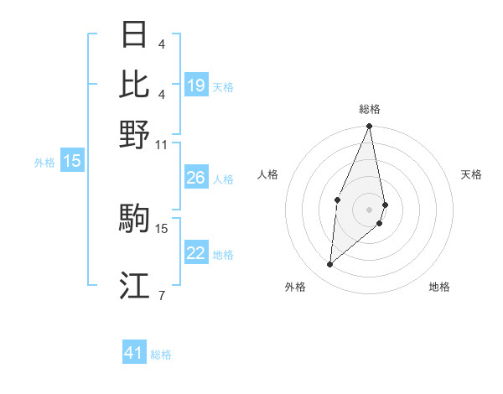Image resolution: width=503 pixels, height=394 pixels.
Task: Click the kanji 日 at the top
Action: pos(134,35)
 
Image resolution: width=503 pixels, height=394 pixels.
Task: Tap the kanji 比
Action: pos(134,84)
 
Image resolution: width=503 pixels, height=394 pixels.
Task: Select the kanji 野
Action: pos(134,134)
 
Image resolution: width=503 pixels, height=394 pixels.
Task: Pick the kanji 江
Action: pos(134,287)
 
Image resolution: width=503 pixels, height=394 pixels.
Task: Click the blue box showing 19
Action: pos(195,86)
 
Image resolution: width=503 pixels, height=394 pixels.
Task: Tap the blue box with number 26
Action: pos(195,178)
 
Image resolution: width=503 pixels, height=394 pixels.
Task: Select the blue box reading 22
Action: pos(195,253)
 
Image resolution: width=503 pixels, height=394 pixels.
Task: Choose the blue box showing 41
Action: pos(134,353)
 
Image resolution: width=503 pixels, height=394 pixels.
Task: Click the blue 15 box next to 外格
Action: pos(72,161)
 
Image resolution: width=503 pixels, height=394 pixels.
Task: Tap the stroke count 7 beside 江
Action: pos(161,295)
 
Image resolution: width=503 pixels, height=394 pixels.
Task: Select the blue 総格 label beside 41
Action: pos(161,355)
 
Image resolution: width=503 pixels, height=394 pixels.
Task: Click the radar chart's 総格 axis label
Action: pos(370,109)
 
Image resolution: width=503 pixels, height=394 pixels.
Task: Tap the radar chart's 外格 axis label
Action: pos(295,287)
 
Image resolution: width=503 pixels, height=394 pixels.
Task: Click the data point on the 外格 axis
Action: pos(330,265)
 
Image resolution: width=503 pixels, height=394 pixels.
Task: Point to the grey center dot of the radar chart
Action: pos(370,209)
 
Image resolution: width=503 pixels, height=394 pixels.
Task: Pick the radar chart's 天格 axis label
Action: pos(471,174)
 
